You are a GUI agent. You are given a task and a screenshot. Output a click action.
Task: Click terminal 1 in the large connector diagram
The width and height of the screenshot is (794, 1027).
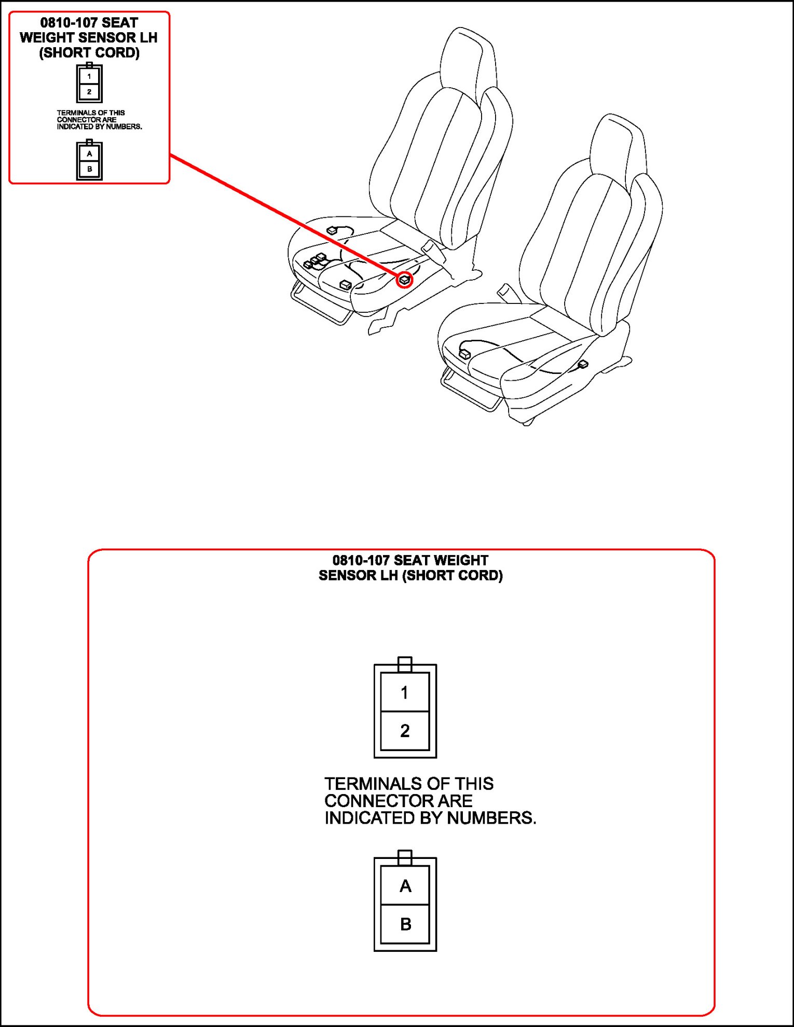click(405, 692)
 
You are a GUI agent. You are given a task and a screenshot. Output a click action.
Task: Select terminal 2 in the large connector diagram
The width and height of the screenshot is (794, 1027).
click(405, 730)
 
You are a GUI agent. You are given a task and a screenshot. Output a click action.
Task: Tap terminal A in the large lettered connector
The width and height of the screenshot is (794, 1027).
click(405, 886)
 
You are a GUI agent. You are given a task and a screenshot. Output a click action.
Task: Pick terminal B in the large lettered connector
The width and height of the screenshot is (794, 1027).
click(405, 924)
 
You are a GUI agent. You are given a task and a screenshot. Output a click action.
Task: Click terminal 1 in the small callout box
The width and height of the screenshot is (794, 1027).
click(89, 76)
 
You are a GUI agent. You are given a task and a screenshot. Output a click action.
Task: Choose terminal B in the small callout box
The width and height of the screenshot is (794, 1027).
click(89, 169)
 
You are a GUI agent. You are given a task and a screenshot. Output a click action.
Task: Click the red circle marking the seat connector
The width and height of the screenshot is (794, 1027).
click(404, 280)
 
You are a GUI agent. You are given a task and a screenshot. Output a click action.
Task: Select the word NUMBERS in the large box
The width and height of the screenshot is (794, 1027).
click(491, 818)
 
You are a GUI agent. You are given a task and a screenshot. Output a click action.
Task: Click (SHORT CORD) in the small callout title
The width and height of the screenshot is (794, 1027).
click(89, 53)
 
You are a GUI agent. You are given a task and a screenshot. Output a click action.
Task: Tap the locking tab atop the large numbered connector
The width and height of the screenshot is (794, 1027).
click(405, 663)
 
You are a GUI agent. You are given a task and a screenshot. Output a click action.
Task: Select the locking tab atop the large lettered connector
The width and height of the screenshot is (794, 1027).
click(405, 857)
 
